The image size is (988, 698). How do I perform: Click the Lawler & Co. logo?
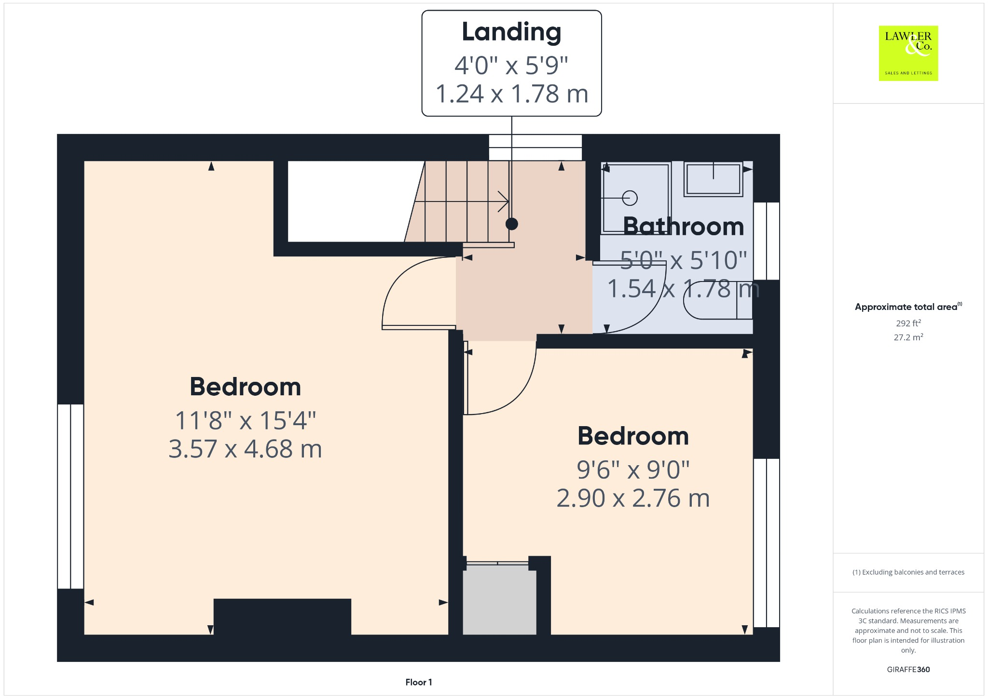(908, 53)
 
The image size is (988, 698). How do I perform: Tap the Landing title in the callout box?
(511, 32)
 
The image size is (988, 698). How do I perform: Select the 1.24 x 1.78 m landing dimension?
(511, 94)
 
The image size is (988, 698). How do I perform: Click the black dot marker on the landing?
(511, 224)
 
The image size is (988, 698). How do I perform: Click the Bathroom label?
(683, 227)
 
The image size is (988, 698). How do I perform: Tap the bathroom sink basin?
(713, 179)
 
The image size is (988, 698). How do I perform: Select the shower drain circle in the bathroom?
(630, 198)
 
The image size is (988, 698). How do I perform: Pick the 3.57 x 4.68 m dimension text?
(245, 449)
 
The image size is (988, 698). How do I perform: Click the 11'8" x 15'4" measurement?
(245, 420)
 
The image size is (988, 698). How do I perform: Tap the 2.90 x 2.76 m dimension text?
(633, 498)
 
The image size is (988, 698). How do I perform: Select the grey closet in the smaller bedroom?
(499, 600)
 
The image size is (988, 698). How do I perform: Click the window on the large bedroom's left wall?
(70, 496)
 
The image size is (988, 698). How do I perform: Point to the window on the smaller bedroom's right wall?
(767, 542)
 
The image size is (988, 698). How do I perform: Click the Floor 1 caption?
(418, 682)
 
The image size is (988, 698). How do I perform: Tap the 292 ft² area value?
(908, 323)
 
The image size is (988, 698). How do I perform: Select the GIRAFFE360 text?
(908, 670)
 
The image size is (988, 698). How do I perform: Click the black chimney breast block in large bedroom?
(282, 617)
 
